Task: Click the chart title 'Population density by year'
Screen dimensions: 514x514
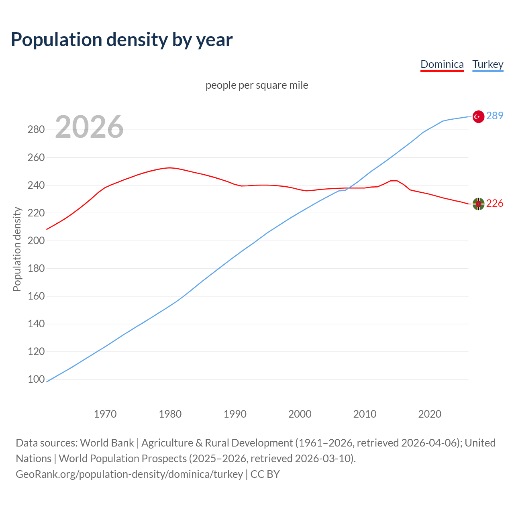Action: pos(122,40)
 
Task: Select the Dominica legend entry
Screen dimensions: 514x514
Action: pos(442,64)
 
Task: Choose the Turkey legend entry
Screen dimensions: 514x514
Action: pos(487,64)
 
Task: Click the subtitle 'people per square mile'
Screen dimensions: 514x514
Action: pos(257,85)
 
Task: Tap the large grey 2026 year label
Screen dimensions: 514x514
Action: pos(89,127)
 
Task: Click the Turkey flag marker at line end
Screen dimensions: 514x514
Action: pos(478,116)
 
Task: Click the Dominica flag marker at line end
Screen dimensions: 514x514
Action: pos(478,204)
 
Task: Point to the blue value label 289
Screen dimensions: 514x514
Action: pos(494,116)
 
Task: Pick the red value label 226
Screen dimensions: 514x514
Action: pos(494,204)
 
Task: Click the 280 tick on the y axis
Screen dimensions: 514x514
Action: pos(36,130)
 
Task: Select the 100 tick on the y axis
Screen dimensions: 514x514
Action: pos(36,379)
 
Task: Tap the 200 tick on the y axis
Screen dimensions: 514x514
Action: pos(36,241)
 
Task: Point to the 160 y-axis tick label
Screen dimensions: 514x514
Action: pos(36,296)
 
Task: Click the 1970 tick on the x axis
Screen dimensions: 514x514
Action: pos(105,414)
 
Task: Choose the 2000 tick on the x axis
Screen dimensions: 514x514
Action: pos(300,414)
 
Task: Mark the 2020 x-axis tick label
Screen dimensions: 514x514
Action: pos(430,414)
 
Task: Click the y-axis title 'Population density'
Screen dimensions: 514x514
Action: pos(17,249)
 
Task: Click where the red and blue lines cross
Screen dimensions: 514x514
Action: pos(349,188)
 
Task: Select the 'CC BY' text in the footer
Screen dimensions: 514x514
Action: pos(265,474)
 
